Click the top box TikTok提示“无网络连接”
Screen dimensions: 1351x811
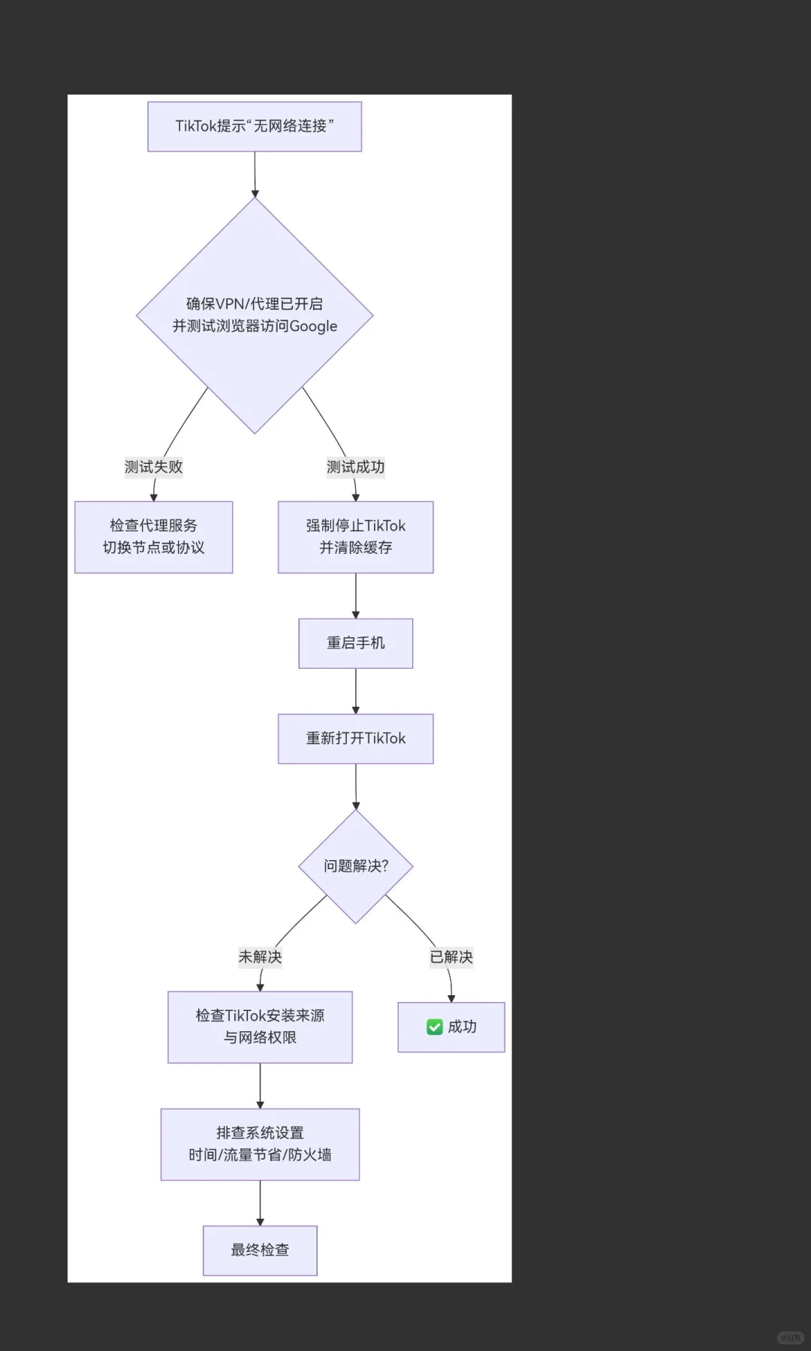[255, 126]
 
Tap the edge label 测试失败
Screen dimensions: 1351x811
[153, 467]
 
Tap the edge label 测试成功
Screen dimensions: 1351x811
[355, 467]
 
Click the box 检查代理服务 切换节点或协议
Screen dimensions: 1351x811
[153, 537]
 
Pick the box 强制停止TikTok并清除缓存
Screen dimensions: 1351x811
[355, 537]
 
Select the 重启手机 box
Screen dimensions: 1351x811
[355, 643]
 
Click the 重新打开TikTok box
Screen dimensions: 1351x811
[355, 739]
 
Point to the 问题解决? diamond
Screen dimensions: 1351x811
[355, 866]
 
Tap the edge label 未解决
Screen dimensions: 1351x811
[260, 957]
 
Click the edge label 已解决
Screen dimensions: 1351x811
[451, 957]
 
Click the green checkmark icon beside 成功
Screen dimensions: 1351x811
[434, 1027]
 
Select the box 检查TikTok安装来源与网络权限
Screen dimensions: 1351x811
[260, 1027]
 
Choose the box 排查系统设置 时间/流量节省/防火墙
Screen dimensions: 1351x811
[260, 1144]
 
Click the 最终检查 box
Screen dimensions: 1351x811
[260, 1250]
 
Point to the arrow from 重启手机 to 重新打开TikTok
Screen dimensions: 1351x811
[355, 691]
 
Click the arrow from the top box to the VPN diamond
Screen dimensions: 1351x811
[255, 174]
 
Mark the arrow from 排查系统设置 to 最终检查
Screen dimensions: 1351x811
[260, 1203]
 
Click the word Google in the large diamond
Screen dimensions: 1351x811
[313, 326]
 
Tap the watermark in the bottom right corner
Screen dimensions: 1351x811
[790, 1337]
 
